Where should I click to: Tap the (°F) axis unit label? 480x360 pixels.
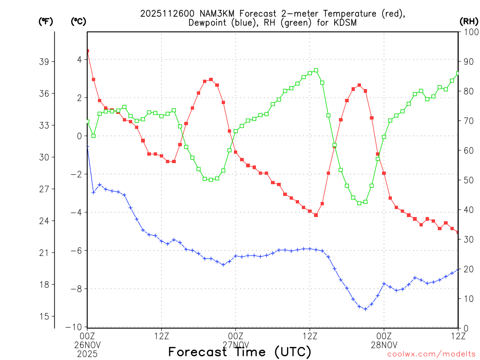(x=46, y=21)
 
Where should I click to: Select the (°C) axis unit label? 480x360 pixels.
(x=79, y=21)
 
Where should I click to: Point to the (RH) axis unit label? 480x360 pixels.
(x=469, y=21)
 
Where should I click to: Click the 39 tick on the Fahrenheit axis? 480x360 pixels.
(x=45, y=61)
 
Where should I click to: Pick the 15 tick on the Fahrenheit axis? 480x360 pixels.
(x=45, y=316)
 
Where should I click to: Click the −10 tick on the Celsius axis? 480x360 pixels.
(x=75, y=327)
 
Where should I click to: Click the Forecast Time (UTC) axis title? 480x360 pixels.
(x=240, y=352)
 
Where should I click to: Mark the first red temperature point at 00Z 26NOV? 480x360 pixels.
(x=87, y=51)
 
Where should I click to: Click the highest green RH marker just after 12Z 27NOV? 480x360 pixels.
(x=316, y=70)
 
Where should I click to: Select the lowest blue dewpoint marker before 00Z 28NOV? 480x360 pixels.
(x=365, y=309)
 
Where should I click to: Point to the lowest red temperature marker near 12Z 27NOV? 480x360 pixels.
(x=316, y=215)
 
